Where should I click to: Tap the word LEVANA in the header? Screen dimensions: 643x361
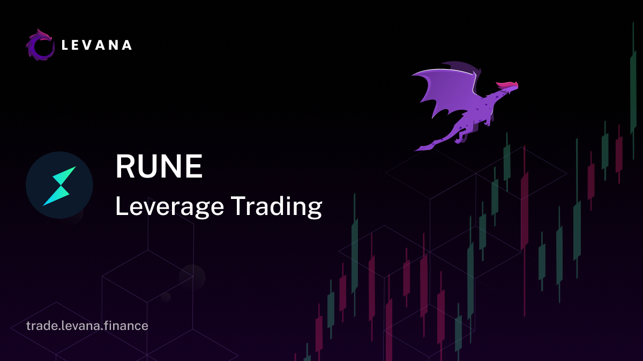[97, 45]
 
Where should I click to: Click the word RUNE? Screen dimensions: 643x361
[159, 166]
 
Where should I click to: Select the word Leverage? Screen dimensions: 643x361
[170, 207]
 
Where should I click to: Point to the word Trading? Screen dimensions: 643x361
[276, 207]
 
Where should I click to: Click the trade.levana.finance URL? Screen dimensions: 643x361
[87, 326]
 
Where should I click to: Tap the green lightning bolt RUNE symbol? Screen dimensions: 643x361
[59, 186]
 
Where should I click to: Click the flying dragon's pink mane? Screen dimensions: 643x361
[507, 85]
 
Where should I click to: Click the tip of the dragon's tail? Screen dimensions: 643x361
[415, 150]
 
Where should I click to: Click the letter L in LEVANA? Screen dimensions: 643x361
[65, 45]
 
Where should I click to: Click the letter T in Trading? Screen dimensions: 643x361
[240, 205]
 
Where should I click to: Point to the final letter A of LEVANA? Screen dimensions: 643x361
[126, 45]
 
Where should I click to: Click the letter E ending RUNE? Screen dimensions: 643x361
[195, 166]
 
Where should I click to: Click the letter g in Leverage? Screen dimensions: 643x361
[201, 210]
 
